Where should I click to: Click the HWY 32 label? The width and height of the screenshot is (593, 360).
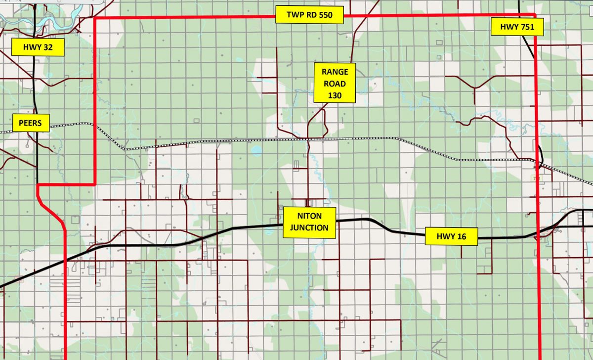pyautogui.click(x=38, y=47)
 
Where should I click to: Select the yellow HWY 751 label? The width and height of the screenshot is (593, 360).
pyautogui.click(x=517, y=28)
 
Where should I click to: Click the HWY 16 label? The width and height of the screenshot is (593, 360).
pyautogui.click(x=452, y=236)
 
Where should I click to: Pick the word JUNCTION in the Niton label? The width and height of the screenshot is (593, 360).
pyautogui.click(x=309, y=228)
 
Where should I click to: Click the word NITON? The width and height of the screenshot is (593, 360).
pyautogui.click(x=309, y=217)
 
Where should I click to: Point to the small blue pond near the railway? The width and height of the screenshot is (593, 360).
pyautogui.click(x=256, y=150)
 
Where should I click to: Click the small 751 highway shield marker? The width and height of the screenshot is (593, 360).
pyautogui.click(x=535, y=178)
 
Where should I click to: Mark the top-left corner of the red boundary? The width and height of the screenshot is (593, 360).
pyautogui.click(x=94, y=18)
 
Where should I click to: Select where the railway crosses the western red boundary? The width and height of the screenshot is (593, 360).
pyautogui.click(x=94, y=124)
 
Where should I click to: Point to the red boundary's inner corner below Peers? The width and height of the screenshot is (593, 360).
pyautogui.click(x=94, y=184)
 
